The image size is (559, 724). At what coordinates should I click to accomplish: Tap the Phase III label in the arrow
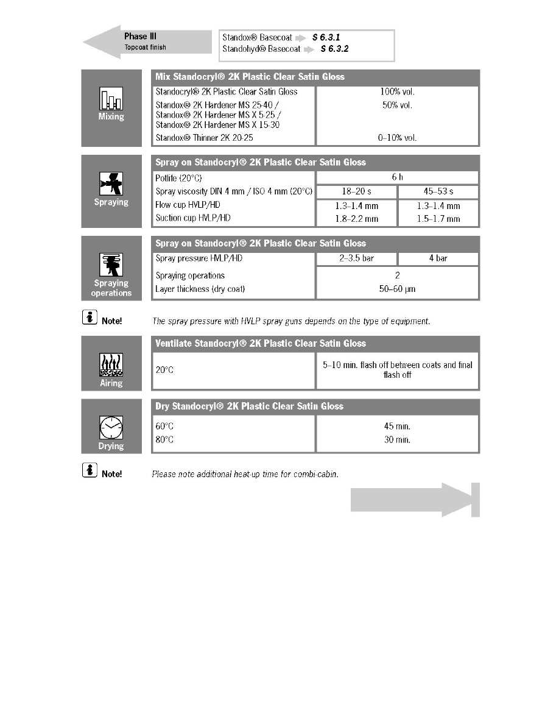pyautogui.click(x=136, y=37)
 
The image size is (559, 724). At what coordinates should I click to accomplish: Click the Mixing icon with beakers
pyautogui.click(x=111, y=99)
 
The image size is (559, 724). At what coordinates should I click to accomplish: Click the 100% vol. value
pyautogui.click(x=397, y=92)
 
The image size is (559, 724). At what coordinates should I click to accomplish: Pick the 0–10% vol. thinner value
pyautogui.click(x=397, y=138)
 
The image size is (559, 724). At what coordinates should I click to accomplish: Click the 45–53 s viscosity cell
pyautogui.click(x=438, y=192)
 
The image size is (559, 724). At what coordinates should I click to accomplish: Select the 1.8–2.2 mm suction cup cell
pyautogui.click(x=356, y=219)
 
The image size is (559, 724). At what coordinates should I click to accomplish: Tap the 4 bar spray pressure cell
pyautogui.click(x=438, y=258)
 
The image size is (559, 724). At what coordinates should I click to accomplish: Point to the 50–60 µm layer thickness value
pyautogui.click(x=397, y=289)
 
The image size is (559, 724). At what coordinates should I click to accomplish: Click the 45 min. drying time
pyautogui.click(x=397, y=427)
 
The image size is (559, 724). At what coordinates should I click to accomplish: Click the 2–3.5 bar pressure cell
pyautogui.click(x=356, y=258)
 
